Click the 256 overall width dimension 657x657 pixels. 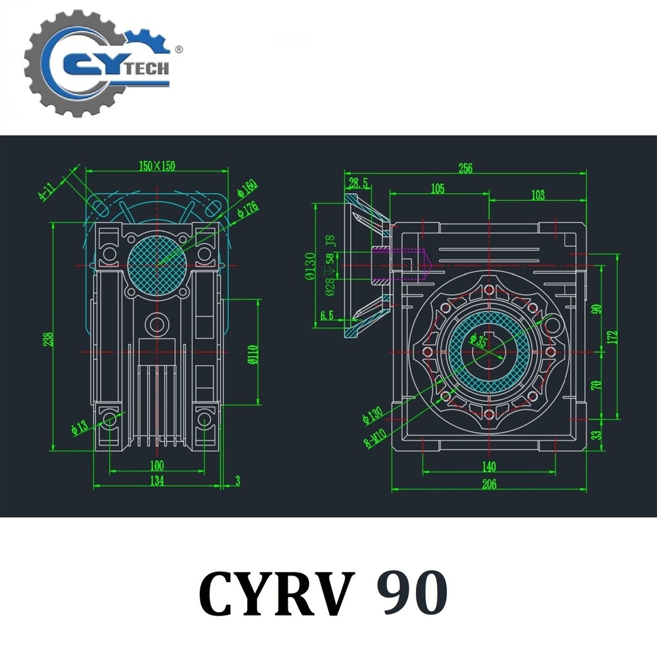(465, 168)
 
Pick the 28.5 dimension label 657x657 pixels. (358, 183)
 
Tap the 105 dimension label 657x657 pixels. (438, 189)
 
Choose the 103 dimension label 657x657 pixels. (537, 194)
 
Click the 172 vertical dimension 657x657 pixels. (613, 336)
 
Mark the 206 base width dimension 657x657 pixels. (489, 485)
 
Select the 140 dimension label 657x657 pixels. (488, 466)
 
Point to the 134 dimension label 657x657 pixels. (156, 482)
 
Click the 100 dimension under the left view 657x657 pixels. (156, 466)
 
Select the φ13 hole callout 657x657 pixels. (79, 426)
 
